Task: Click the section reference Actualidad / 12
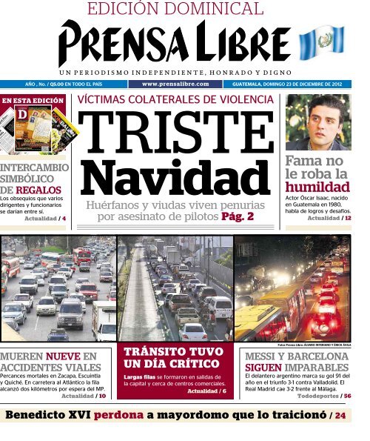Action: pyautogui.click(x=329, y=219)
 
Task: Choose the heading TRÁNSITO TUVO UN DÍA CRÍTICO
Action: pyautogui.click(x=172, y=357)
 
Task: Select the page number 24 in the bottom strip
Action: pyautogui.click(x=340, y=417)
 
